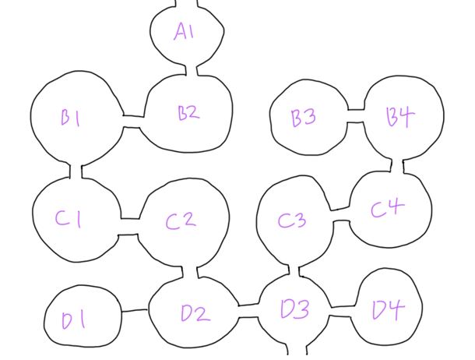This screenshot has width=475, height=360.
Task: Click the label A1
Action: (x=185, y=32)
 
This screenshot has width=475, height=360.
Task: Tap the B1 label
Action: (x=72, y=118)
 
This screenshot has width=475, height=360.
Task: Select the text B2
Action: (x=188, y=113)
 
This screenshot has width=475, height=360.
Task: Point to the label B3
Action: (x=303, y=118)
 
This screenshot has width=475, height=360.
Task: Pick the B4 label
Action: (x=400, y=118)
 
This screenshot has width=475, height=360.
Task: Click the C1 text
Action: (x=68, y=220)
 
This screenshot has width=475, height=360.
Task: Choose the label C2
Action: (x=180, y=221)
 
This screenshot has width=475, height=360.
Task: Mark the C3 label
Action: (x=292, y=221)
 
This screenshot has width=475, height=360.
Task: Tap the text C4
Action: (x=387, y=209)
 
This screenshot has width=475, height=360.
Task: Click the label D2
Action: (x=195, y=313)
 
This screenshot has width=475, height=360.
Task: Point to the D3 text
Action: (x=294, y=309)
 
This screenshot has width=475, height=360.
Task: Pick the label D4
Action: (x=389, y=311)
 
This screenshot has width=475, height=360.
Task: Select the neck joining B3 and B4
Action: (x=356, y=116)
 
